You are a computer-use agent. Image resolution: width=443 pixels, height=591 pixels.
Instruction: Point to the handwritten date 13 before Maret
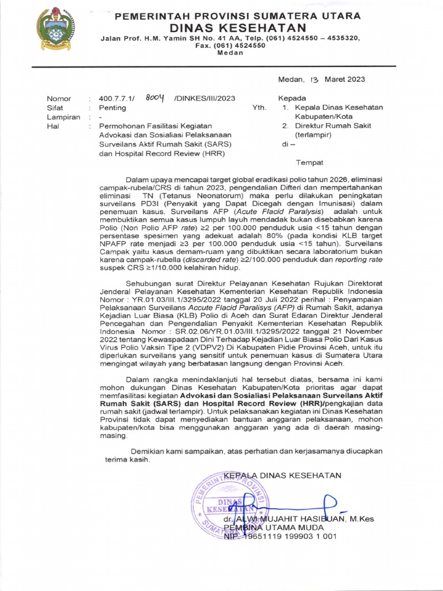pos(314,79)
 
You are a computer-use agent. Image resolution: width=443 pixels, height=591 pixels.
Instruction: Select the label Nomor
pos(58,99)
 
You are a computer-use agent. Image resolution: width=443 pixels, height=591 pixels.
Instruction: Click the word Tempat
pos(310,162)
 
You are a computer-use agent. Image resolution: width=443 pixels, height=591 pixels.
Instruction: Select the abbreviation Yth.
pos(259,108)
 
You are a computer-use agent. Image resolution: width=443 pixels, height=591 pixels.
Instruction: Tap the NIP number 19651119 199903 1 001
pos(288,536)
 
